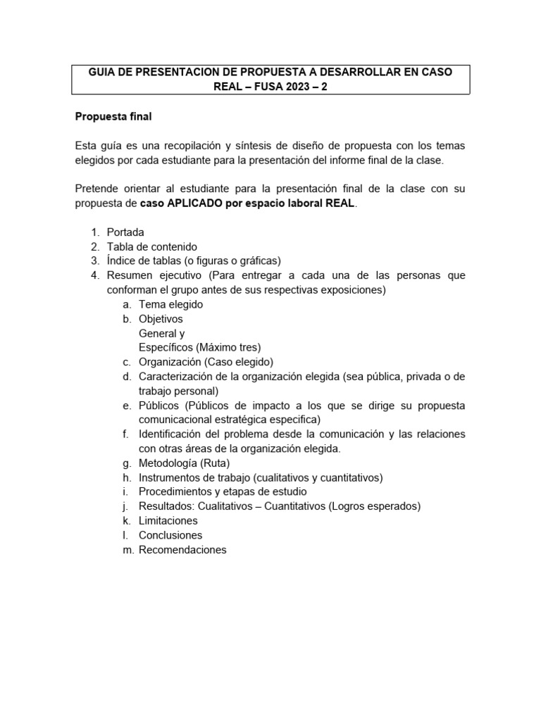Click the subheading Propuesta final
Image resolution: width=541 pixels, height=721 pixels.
point(113,116)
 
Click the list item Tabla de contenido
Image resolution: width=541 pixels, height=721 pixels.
point(151,246)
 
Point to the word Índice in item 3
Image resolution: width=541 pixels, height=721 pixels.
point(123,261)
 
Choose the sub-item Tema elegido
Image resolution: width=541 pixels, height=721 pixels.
point(170,304)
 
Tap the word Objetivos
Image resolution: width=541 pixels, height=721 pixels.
point(161,319)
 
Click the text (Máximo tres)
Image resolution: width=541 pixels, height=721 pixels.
point(229,347)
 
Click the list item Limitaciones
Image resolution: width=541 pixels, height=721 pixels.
point(168,521)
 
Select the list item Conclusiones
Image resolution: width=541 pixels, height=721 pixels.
point(170,535)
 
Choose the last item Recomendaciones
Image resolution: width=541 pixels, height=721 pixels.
point(182,550)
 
